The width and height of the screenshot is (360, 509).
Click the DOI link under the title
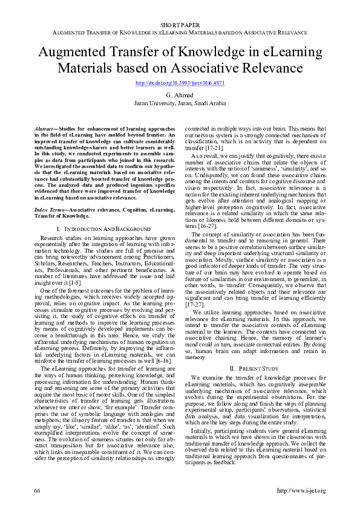[180, 83]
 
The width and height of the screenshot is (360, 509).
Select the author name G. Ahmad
[180, 96]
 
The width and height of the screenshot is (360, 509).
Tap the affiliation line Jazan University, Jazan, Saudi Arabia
[180, 103]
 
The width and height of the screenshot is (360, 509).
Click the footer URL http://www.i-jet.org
[301, 490]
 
